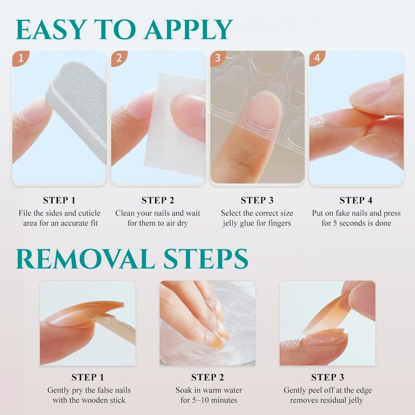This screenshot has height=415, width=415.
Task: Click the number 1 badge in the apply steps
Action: coord(20,58)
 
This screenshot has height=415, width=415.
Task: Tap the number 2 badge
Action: coord(119,58)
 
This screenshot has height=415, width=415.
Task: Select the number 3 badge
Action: coord(218,58)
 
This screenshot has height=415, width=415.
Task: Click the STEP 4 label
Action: coord(356,200)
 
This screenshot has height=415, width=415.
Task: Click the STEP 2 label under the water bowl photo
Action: coord(207,377)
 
